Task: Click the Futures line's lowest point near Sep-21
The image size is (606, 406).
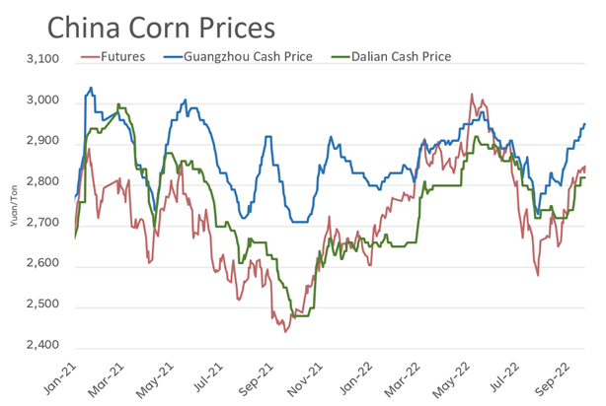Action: tap(285, 331)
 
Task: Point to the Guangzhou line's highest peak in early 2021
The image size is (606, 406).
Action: tap(91, 88)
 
